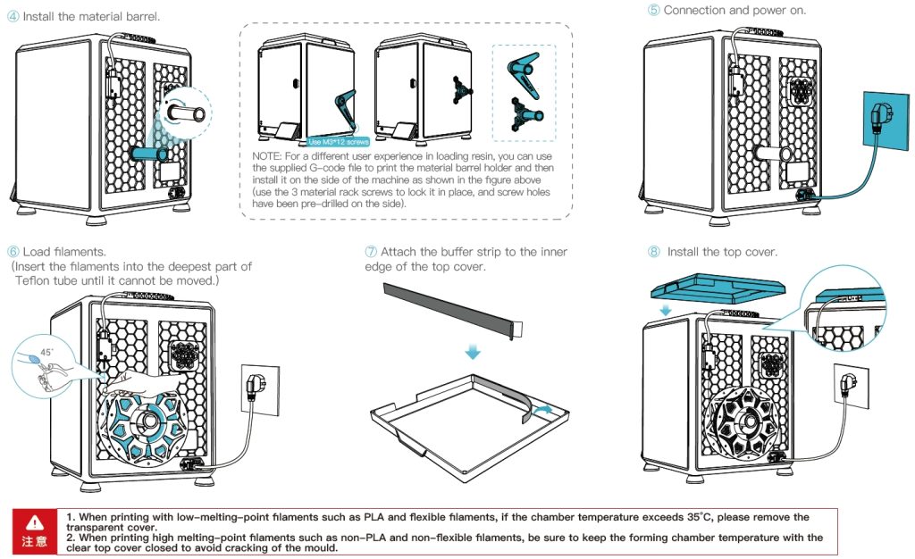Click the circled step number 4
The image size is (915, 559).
coord(13,17)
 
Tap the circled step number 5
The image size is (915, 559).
coord(654,10)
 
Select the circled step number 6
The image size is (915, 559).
coord(13,252)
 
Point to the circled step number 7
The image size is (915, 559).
coord(371,252)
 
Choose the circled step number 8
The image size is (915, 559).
coord(654,252)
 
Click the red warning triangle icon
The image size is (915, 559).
coord(34,521)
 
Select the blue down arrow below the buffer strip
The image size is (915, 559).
coord(473,354)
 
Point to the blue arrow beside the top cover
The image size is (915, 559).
coord(664,309)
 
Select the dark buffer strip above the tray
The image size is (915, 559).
coord(447,305)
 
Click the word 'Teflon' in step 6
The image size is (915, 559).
coord(37,279)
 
